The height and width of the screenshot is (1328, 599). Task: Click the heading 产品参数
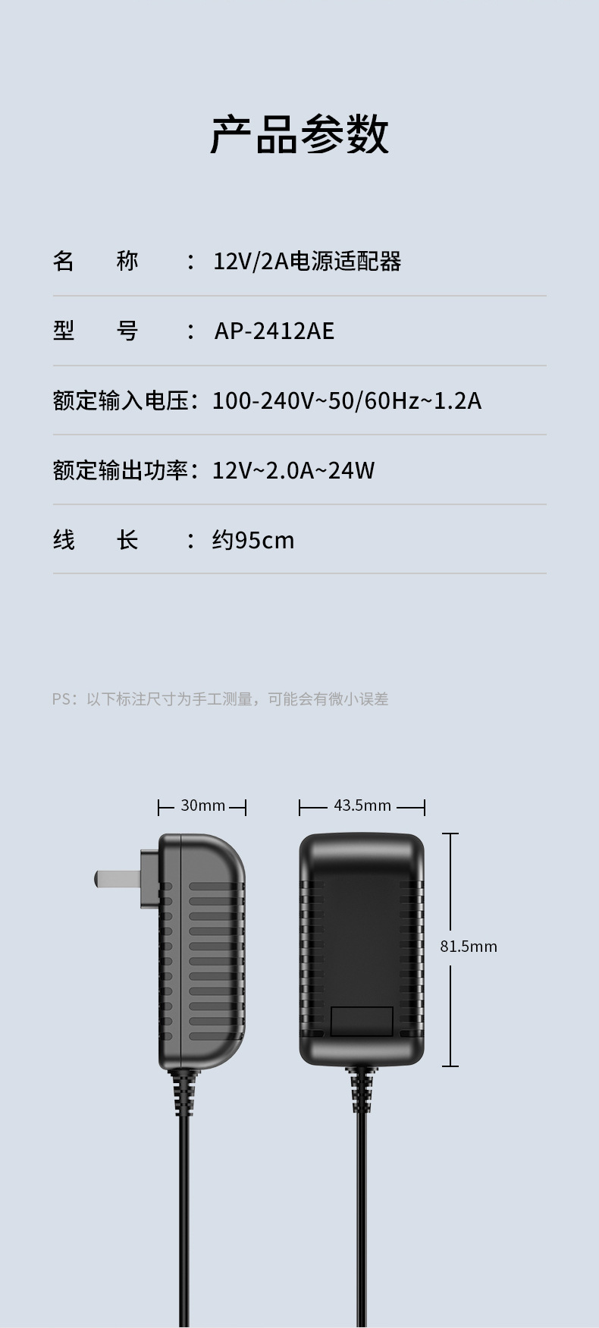coord(299,135)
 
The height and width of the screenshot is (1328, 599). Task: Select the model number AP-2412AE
coord(274,331)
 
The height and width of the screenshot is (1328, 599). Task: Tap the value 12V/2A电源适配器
coord(306,262)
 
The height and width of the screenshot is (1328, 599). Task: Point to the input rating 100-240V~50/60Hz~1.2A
coord(347,400)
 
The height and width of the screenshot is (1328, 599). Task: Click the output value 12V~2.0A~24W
coord(293,470)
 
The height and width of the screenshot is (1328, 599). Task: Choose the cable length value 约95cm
coord(252,540)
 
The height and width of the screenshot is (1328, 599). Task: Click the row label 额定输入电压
coord(121,400)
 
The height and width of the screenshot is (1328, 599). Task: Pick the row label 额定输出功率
coord(121,470)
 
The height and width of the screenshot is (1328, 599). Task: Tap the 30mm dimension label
coord(202,805)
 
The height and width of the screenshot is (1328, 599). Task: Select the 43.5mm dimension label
coord(362,805)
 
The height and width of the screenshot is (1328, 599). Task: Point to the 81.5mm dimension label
coord(469,947)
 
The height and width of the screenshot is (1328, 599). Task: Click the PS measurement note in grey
coord(220,699)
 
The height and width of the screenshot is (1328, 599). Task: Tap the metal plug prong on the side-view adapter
coord(118,879)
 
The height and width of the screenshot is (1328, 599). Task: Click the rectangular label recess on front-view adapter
coord(362,1021)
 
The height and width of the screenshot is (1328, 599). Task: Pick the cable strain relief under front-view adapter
coord(362,1090)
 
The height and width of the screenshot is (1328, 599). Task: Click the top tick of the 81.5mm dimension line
coord(450,834)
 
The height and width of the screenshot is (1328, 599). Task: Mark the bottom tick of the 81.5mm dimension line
coord(450,1066)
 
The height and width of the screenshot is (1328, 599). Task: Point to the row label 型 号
coord(96,331)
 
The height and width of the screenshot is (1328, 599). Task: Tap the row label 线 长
coord(96,540)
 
